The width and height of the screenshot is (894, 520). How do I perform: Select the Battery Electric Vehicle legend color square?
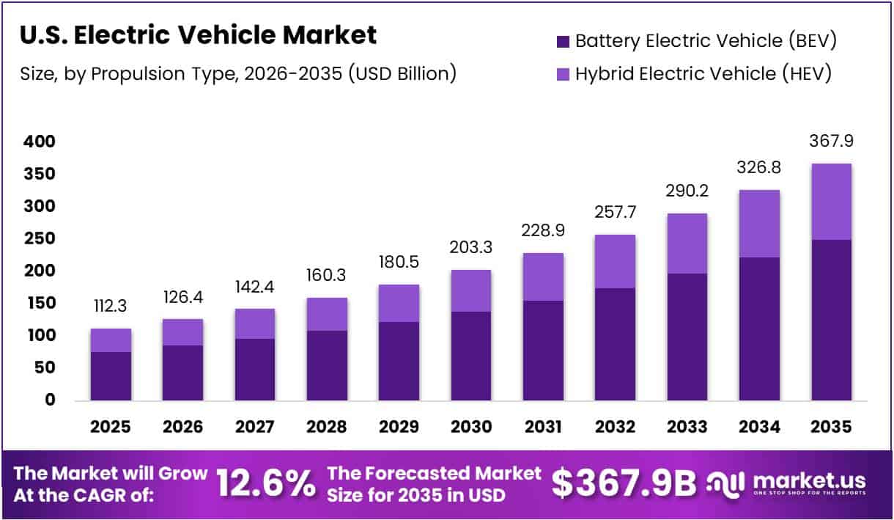[x=563, y=41]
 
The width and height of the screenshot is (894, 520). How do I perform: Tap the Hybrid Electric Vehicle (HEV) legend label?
[x=703, y=73]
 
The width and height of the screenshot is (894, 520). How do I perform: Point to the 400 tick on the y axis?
[x=39, y=142]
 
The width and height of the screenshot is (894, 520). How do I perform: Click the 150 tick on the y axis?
[x=39, y=304]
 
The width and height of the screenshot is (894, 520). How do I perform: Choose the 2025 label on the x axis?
[x=110, y=427]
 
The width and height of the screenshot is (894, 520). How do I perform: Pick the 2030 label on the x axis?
[x=470, y=427]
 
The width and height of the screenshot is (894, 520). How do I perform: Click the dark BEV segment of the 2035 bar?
[x=831, y=320]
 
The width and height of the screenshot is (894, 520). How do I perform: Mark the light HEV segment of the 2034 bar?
[x=759, y=223]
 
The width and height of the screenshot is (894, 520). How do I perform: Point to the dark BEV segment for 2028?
[x=326, y=365]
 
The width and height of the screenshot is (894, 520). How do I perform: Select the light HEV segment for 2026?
[x=182, y=332]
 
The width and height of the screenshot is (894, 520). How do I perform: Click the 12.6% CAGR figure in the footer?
[x=266, y=485]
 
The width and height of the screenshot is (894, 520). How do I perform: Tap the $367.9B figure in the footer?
[x=624, y=484]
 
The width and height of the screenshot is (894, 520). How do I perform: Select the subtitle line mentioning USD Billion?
[x=238, y=74]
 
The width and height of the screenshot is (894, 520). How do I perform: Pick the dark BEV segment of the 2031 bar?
[x=542, y=351]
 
